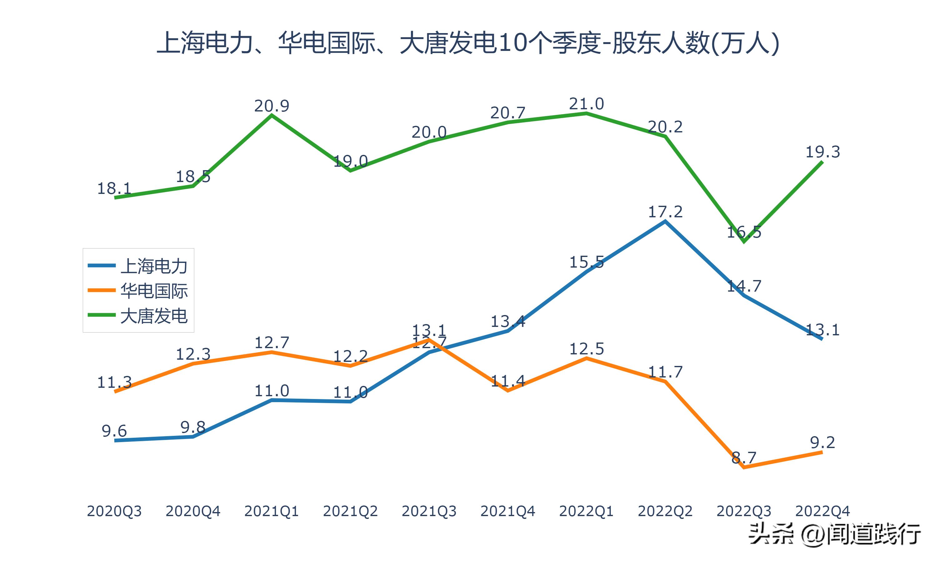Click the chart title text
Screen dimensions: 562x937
coord(468,43)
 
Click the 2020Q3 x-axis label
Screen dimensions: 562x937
coord(114,511)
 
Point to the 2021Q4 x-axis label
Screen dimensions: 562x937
coord(508,511)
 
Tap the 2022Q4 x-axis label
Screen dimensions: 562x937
coord(822,511)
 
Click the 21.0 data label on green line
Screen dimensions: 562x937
coord(586,104)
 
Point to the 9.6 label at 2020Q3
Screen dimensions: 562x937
coord(114,431)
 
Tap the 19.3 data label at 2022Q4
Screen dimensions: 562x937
coord(822,152)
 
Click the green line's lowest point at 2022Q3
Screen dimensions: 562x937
coord(744,242)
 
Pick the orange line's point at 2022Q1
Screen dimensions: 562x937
coord(586,358)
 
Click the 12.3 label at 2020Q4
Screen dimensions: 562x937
coord(193,354)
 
